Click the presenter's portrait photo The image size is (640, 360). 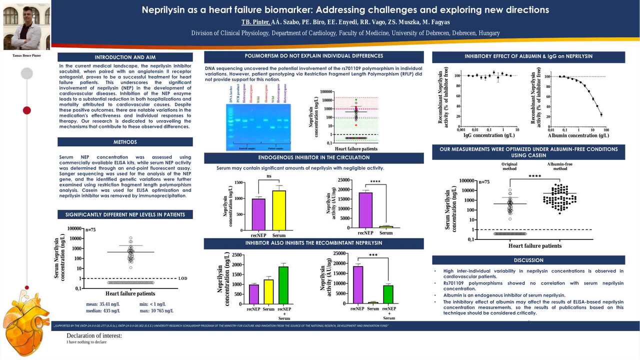[x=26, y=26]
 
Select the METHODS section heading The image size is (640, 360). [x=125, y=142]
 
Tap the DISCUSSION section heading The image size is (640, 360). [x=528, y=260]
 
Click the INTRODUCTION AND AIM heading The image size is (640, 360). [x=125, y=57]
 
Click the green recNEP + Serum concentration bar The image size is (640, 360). [x=284, y=285]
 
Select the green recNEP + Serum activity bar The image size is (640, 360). [x=388, y=294]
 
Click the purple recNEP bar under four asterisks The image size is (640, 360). [x=365, y=210]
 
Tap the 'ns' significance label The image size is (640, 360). [x=269, y=176]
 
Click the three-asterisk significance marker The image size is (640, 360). [x=373, y=255]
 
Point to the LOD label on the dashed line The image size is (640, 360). [x=183, y=278]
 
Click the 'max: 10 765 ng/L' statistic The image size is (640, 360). [x=156, y=310]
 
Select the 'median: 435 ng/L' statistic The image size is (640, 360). [x=103, y=310]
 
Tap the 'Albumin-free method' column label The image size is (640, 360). [x=560, y=166]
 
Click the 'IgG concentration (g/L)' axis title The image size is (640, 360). [x=488, y=135]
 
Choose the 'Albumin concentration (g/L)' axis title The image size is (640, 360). [x=578, y=135]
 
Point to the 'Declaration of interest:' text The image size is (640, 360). [x=94, y=335]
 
